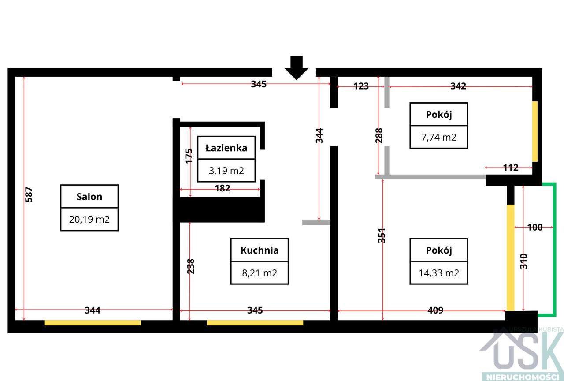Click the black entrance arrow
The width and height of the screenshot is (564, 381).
coord(297,68)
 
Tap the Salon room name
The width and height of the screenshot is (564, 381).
coord(89,197)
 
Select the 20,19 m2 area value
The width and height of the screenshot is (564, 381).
coord(89,220)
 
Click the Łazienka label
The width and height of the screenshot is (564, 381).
coord(226,148)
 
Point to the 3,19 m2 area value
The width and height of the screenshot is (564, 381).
coord(226,171)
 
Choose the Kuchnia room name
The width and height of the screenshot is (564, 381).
coord(260,250)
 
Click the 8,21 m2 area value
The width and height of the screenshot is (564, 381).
coord(260,273)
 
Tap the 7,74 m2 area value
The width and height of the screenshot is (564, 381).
coord(439,137)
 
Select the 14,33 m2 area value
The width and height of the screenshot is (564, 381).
coord(439,273)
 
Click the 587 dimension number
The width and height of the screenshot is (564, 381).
coord(29,194)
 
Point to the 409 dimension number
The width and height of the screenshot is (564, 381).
coord(435,310)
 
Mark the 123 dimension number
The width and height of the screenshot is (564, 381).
coord(361,86)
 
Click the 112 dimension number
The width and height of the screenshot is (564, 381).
coord(511,168)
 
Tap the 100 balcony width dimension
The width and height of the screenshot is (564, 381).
coord(535,227)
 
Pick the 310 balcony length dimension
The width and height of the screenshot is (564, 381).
coord(523,261)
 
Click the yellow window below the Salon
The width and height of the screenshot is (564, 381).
coord(93,323)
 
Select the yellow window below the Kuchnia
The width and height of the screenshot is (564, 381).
coord(255,323)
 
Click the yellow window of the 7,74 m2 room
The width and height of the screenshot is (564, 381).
coord(535,131)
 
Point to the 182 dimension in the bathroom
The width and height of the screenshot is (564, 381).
coord(223,188)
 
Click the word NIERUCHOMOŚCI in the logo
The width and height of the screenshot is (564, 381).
coord(521,377)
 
